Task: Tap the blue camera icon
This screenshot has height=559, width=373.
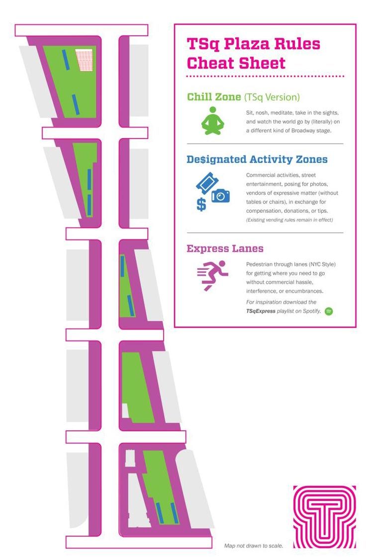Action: point(221,196)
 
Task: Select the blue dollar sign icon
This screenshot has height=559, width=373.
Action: point(201,205)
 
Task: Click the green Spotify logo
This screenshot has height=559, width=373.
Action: point(329,312)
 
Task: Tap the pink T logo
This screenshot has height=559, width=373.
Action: point(324,517)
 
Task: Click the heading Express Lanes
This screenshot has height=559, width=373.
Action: point(225,248)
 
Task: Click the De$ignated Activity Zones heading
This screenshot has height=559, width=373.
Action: point(257,160)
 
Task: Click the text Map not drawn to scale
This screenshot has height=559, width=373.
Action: point(254,546)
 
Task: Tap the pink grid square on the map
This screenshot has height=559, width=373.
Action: point(84,60)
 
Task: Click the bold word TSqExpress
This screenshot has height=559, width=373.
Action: point(261,311)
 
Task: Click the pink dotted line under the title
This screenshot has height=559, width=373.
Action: point(265,76)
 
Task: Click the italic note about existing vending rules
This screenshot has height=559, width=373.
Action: point(289,220)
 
